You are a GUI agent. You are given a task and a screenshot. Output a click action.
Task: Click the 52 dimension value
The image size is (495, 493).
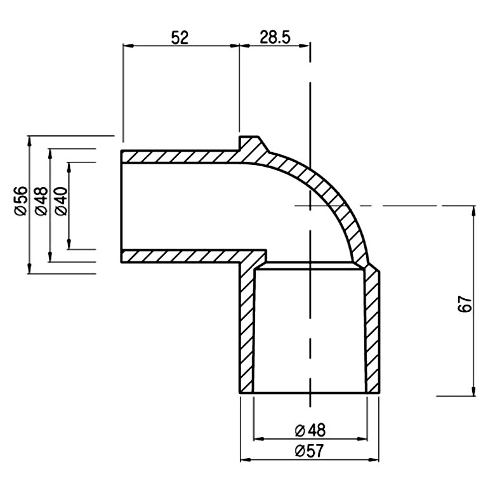180,38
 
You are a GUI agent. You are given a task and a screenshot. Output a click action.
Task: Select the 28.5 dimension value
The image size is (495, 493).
275,37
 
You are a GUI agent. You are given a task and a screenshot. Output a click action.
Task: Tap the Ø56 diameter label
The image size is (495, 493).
21,201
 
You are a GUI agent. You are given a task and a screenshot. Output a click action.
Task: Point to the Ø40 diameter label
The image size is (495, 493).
62,201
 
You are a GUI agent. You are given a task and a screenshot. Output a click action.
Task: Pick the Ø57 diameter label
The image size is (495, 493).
310,451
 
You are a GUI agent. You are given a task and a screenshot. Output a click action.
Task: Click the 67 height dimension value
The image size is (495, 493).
465,304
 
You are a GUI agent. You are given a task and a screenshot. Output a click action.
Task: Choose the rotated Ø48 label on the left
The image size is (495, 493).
42,201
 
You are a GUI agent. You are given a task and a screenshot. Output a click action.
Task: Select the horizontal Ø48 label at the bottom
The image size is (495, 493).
310,430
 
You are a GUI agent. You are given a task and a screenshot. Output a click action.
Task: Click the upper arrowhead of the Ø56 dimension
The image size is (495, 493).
30,141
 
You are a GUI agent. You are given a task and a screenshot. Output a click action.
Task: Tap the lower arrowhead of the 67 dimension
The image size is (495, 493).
473,391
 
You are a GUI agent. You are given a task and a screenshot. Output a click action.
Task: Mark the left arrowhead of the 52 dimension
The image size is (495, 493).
128,46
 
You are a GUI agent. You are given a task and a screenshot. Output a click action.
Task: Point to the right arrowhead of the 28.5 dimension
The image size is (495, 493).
305,46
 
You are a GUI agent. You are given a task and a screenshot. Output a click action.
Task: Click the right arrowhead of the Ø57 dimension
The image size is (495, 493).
374,460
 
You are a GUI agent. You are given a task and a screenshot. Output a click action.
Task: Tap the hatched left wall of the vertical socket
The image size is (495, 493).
247,328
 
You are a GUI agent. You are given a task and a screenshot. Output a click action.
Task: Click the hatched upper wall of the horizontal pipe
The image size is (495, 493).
180,157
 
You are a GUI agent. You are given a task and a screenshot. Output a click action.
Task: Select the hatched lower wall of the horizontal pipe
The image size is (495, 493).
181,256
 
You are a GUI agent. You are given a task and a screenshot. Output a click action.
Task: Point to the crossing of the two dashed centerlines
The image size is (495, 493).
310,206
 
